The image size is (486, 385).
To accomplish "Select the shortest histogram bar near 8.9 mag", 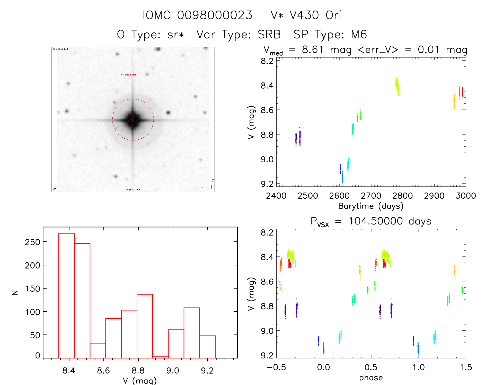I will click(x=160, y=357).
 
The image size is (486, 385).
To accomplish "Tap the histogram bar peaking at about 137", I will click(x=145, y=326).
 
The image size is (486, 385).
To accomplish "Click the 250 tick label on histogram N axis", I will click(x=32, y=242).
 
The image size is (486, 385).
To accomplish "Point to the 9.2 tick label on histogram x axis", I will click(x=207, y=371).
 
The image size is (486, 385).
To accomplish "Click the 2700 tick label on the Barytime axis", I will click(x=371, y=196).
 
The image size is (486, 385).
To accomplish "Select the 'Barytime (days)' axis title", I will click(x=371, y=206).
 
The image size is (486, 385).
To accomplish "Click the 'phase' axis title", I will click(x=371, y=378).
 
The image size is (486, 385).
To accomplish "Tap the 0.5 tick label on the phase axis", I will click(x=371, y=367).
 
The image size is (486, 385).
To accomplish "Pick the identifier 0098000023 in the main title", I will click(x=215, y=15).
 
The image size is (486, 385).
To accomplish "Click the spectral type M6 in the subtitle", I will click(x=359, y=35).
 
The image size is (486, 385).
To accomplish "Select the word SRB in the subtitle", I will click(x=269, y=35).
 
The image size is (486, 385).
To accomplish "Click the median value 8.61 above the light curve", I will click(x=313, y=49).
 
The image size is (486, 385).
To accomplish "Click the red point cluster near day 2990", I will click(x=462, y=92).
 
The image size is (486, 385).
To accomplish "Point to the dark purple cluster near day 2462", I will click(x=296, y=139).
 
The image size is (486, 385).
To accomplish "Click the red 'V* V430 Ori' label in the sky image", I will click(x=128, y=74).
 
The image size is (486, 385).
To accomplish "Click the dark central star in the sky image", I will click(x=133, y=120).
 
